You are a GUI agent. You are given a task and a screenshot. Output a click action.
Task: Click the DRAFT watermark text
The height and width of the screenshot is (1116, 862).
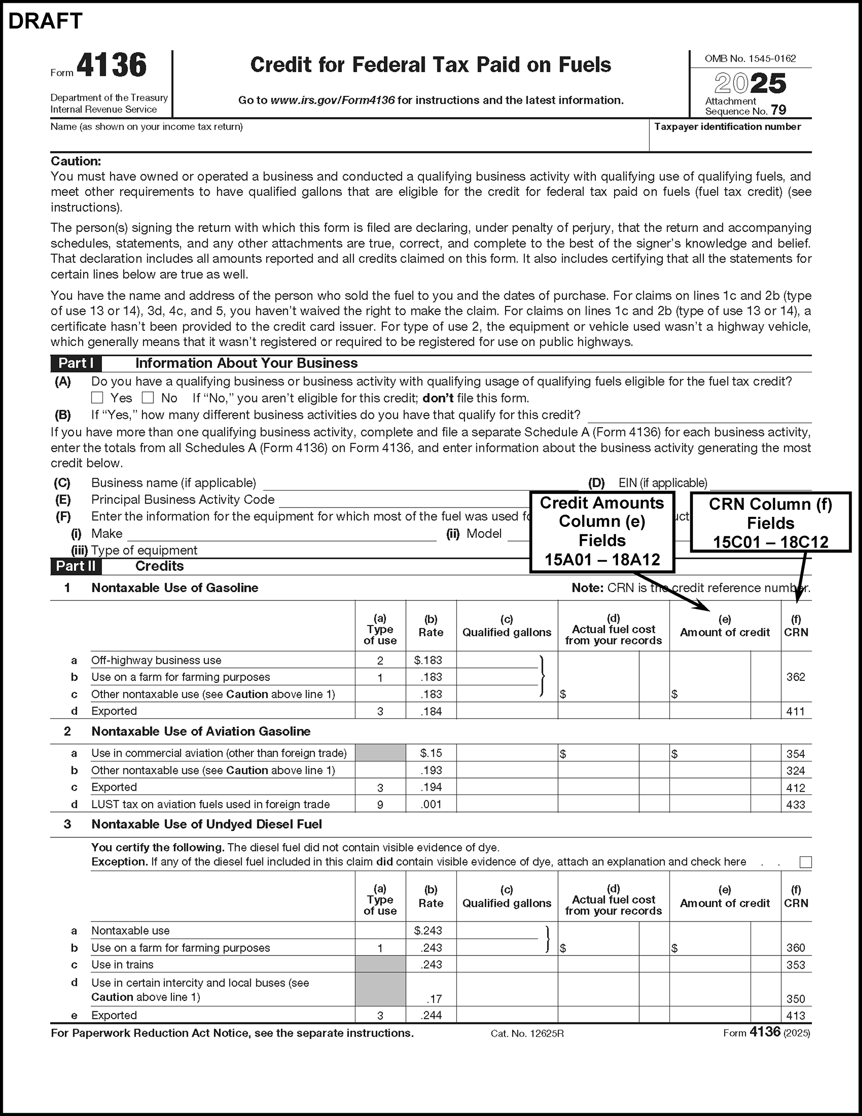[45, 21]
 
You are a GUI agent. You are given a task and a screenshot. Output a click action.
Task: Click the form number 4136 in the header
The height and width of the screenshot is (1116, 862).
[111, 66]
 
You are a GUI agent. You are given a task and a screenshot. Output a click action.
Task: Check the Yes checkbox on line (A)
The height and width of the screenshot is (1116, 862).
[97, 397]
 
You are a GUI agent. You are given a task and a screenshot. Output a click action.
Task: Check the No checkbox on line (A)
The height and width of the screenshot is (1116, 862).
[148, 397]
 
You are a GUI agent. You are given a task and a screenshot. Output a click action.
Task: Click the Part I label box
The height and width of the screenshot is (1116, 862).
[76, 364]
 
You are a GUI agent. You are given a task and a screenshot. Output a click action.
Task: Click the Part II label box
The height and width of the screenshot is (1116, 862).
[76, 566]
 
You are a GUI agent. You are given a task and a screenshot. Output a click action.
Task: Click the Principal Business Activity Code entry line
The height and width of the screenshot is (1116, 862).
[404, 500]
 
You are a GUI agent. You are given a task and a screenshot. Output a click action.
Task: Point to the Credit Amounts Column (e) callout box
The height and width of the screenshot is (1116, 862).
[602, 532]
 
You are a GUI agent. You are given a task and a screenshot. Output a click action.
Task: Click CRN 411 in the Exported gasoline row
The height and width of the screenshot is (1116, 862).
[795, 711]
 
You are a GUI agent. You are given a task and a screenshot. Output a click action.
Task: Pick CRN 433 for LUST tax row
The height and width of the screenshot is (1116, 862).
[795, 805]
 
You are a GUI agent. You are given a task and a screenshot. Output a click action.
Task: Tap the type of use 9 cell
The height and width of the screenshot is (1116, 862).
[380, 805]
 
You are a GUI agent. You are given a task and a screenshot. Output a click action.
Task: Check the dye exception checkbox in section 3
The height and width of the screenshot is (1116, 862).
[805, 862]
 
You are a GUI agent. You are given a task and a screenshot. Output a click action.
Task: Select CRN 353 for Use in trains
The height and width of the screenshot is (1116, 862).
[795, 965]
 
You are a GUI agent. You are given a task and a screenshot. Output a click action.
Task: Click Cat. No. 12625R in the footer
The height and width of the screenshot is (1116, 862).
[527, 1034]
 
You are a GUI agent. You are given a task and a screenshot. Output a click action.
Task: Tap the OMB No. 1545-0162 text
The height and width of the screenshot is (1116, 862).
[750, 59]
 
